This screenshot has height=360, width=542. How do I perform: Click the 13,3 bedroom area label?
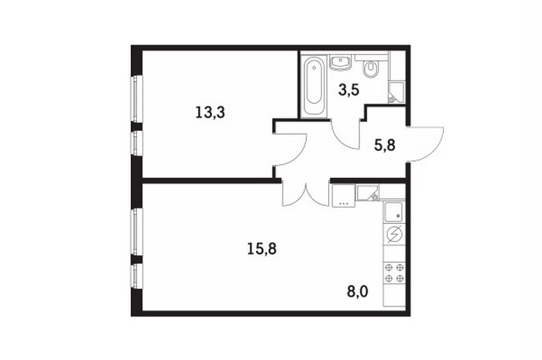pyautogui.click(x=210, y=112)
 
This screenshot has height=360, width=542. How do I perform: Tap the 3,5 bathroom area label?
pyautogui.click(x=348, y=90)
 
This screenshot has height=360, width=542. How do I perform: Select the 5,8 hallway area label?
pyautogui.click(x=385, y=146)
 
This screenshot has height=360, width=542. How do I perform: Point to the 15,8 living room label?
pyautogui.click(x=262, y=249)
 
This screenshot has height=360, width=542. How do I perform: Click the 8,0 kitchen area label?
pyautogui.click(x=358, y=292)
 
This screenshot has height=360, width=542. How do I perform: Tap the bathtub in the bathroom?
pyautogui.click(x=314, y=86)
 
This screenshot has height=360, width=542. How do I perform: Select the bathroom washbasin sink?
pyautogui.click(x=341, y=63)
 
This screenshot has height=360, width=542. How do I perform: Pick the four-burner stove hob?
pyautogui.click(x=394, y=273)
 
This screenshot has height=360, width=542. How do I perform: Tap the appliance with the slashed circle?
pyautogui.click(x=394, y=235)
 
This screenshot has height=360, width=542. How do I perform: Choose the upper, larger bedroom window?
pyautogui.click(x=137, y=98)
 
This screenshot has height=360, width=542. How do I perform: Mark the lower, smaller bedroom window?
pyautogui.click(x=137, y=143)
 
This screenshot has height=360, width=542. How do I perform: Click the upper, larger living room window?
pyautogui.click(x=137, y=231)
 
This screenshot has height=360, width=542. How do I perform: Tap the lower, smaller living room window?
pyautogui.click(x=137, y=276)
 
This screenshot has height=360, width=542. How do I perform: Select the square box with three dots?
pyautogui.click(x=344, y=196)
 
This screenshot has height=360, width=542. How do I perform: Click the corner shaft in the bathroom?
pyautogui.click(x=396, y=93)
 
